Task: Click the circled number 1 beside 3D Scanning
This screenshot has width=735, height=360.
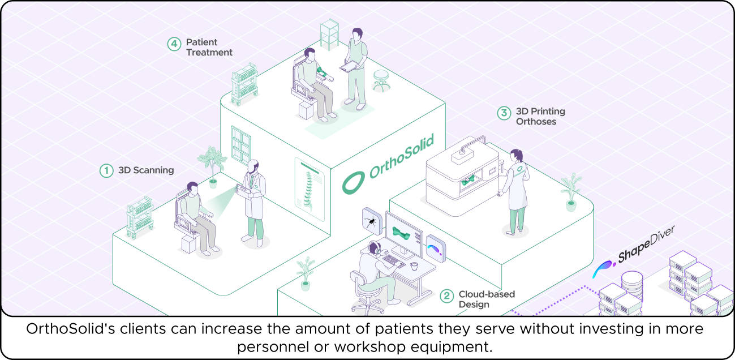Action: click(x=106, y=170)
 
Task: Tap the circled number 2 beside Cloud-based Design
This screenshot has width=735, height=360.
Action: click(x=447, y=295)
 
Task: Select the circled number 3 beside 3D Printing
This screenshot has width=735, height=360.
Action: click(x=504, y=113)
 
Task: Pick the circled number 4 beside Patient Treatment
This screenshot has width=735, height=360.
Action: click(x=174, y=44)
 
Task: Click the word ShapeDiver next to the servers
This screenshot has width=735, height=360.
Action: click(x=646, y=245)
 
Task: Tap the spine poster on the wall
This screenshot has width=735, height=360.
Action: click(x=309, y=189)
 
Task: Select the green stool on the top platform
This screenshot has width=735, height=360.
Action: click(x=380, y=80)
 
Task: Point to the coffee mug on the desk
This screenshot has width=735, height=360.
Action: click(x=415, y=265)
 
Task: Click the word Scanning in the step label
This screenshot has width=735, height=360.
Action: click(x=154, y=170)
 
